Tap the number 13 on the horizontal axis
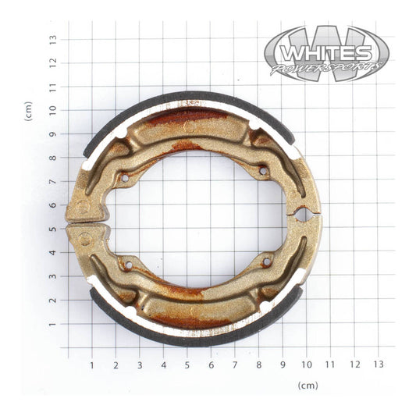[379, 364]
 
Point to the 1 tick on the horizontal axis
[91, 364]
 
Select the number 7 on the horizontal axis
[235, 364]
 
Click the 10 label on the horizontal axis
[307, 364]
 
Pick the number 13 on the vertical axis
[52, 38]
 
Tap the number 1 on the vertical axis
[53, 324]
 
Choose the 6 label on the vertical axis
[53, 205]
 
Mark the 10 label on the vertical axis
[52, 110]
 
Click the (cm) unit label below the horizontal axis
[308, 385]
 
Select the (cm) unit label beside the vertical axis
[29, 111]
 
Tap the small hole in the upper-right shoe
[263, 170]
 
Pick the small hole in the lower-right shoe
[267, 263]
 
